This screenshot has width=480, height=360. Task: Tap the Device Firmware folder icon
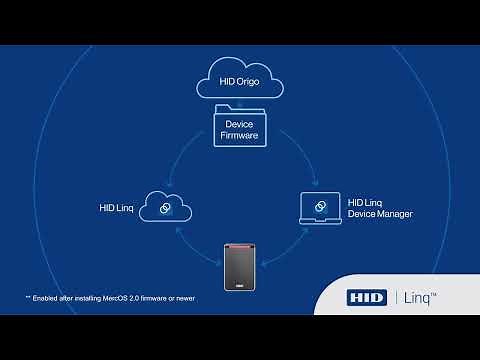(239, 127)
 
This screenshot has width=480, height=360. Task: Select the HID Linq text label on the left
(117, 208)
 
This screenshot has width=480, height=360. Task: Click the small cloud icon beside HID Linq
(164, 208)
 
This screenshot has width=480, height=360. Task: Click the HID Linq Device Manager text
(380, 208)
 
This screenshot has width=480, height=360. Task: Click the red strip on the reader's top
(240, 243)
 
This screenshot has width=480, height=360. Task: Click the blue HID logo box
(366, 298)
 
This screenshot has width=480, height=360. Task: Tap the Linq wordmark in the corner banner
(424, 298)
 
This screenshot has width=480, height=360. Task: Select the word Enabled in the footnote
(50, 298)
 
